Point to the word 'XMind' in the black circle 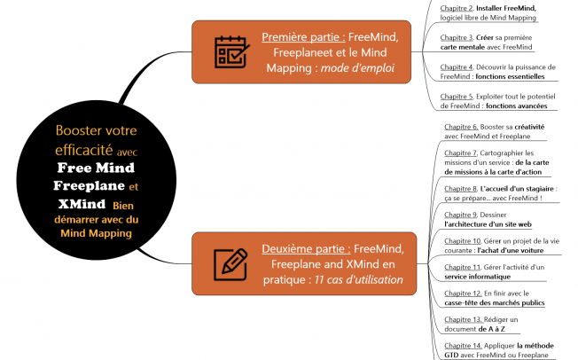coord(80,205)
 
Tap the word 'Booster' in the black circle coord(79,129)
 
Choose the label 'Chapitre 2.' coord(457,8)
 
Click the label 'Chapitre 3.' coord(457,38)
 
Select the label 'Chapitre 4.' coord(457,67)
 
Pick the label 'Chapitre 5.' coord(457,96)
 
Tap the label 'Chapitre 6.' coord(461,127)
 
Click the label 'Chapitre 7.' coord(461,153)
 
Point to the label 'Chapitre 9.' coord(461,215)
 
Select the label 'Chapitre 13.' coord(463,318)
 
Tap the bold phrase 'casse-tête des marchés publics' coord(495,302)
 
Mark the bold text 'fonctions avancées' coord(516,106)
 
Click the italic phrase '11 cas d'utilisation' coord(359,279)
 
